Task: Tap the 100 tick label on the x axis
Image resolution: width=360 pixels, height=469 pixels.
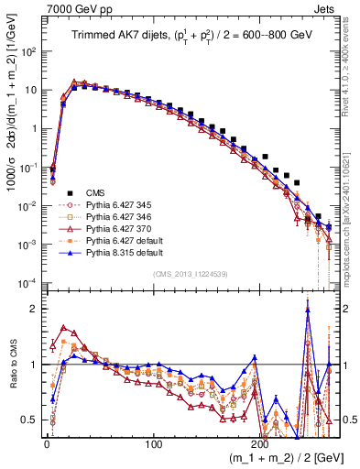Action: [x=154, y=441]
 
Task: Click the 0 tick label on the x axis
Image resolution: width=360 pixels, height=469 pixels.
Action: [x=47, y=441]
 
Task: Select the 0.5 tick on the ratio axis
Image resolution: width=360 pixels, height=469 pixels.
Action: [x=30, y=420]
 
